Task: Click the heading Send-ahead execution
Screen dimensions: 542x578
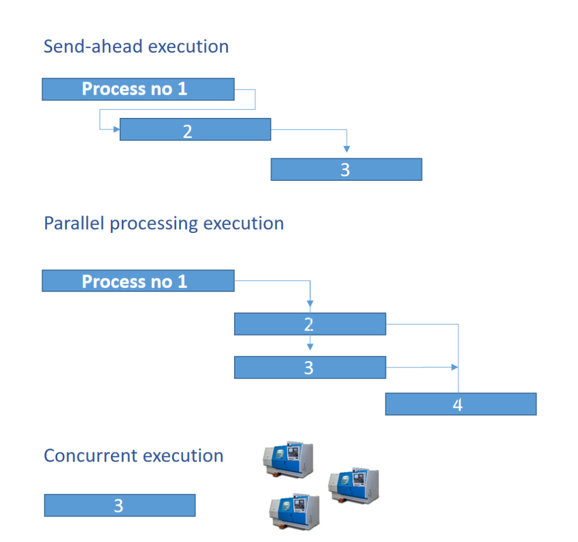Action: click(136, 46)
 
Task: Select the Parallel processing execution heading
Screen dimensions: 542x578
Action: click(164, 223)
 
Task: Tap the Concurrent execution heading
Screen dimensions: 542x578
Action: click(134, 455)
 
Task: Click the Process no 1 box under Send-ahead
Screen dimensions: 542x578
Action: click(138, 90)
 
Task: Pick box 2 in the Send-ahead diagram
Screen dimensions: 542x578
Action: click(195, 129)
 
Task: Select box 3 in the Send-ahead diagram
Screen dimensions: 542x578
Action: click(346, 169)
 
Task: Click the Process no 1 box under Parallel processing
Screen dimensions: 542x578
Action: click(138, 281)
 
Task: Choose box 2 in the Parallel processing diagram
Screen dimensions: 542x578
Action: click(309, 324)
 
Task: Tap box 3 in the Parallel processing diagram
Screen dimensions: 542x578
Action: click(309, 367)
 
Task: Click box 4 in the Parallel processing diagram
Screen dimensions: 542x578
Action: click(460, 404)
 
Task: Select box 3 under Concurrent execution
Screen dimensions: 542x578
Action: click(120, 505)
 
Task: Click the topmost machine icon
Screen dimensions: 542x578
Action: click(288, 460)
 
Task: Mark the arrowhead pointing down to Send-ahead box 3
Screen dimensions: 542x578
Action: click(346, 149)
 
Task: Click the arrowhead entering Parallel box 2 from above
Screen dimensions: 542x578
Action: click(310, 303)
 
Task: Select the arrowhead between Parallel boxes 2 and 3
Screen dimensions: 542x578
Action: click(310, 347)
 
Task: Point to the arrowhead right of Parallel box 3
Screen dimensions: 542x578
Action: click(454, 367)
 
